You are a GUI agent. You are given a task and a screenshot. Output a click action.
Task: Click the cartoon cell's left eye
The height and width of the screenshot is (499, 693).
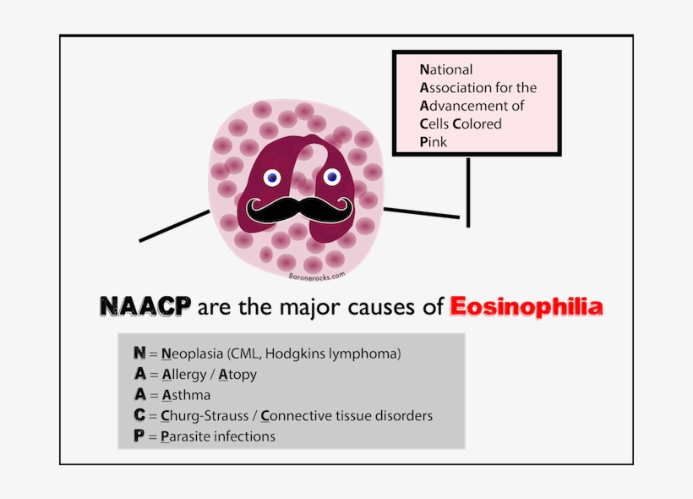coord(272,178)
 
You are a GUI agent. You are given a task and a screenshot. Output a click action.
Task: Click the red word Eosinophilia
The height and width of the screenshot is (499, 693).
coord(527,306)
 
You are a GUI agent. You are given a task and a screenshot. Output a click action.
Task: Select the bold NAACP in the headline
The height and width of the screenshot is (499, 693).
coord(145,306)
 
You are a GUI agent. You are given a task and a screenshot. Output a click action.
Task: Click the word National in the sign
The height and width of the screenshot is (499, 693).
coord(446,69)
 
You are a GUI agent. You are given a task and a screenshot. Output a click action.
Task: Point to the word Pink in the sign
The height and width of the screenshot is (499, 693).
coord(434,142)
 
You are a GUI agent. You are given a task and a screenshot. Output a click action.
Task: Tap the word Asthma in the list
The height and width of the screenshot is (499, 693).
coord(186,395)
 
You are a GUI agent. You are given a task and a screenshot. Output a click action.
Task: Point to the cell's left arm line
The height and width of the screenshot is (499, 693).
coord(174,226)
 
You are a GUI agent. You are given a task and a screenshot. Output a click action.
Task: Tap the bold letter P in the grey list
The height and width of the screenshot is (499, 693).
coord(139,436)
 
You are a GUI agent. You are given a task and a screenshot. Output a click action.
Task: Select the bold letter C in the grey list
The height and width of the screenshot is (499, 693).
coord(139,416)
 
